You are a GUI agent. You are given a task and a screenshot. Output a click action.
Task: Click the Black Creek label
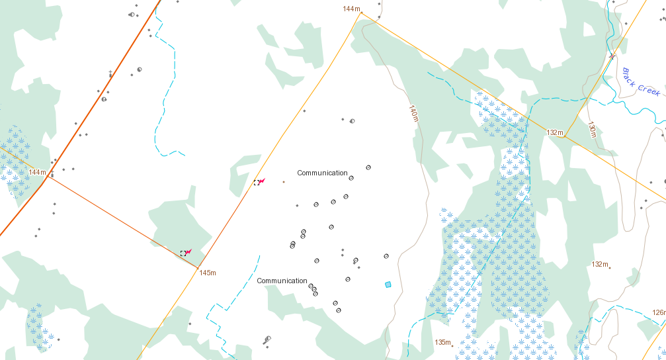click(x=640, y=83)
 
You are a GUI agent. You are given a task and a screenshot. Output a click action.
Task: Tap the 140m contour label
click(x=413, y=113)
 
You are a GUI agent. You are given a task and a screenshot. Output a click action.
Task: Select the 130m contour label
click(x=592, y=130)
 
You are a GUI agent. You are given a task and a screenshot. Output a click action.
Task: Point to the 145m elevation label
click(x=208, y=273)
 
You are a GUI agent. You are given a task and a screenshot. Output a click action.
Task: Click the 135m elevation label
click(x=442, y=342)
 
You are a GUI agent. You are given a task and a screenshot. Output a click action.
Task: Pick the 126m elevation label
click(x=658, y=312)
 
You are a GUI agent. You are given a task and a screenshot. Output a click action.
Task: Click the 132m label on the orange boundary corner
click(x=554, y=133)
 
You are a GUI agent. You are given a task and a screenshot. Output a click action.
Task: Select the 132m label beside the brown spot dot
click(x=599, y=264)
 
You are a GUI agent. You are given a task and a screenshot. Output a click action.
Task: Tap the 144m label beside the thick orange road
click(x=38, y=172)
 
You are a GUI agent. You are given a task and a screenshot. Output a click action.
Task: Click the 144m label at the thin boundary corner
click(x=351, y=9)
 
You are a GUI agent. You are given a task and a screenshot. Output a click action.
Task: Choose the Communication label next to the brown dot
click(x=322, y=173)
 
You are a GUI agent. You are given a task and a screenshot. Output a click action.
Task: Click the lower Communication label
click(x=282, y=281)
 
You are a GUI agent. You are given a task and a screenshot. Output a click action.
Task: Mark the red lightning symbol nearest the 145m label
click(x=188, y=252)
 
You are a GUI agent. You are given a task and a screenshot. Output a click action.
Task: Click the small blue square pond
click(x=388, y=285)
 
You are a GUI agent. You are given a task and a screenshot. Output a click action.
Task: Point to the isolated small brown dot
click(x=284, y=181)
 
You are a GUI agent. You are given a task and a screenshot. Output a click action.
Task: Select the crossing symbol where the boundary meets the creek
click(x=612, y=56)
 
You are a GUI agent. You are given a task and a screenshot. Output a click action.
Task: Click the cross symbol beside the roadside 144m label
click(x=52, y=174)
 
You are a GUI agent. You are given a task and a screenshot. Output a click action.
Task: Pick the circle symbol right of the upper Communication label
click(x=351, y=178)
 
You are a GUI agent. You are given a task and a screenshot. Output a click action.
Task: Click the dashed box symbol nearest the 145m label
click(x=183, y=253)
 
